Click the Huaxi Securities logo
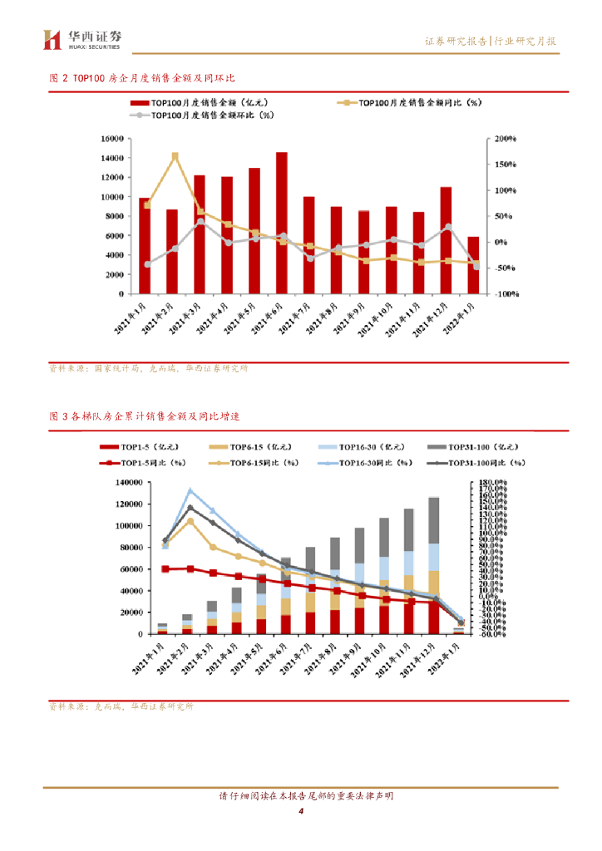coord(83,38)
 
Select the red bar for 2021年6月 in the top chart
coord(282,223)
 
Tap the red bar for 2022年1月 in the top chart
coord(473,265)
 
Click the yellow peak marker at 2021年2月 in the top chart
coord(175,155)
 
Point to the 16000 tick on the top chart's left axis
coord(111,139)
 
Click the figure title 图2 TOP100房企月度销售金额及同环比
coord(142,77)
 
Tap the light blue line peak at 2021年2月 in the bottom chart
coord(190,490)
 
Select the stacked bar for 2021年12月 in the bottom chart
coord(433,565)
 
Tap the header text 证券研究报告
coord(456,41)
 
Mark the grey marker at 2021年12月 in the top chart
coord(448,227)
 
